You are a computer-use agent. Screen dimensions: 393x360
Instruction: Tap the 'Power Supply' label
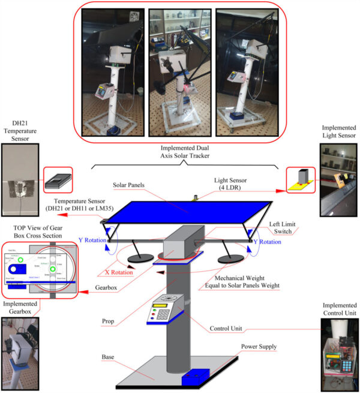click(258, 347)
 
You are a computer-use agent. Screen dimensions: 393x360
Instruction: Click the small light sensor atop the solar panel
click(194, 196)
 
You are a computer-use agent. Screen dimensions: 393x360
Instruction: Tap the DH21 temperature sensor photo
click(20, 180)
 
